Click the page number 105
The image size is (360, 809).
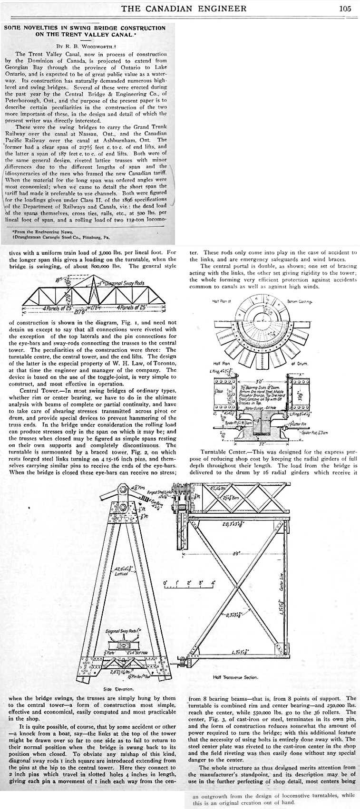345,8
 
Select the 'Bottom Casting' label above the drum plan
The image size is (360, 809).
300,301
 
